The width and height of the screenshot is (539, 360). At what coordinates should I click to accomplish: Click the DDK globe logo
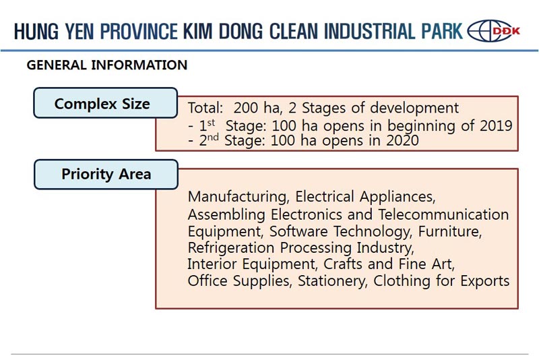click(494, 31)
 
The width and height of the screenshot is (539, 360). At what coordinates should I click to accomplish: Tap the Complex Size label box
click(106, 102)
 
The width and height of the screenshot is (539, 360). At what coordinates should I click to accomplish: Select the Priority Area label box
click(106, 175)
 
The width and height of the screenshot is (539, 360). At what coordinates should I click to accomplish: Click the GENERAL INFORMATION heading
click(107, 65)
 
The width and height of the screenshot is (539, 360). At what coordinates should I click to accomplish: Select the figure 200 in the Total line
click(246, 108)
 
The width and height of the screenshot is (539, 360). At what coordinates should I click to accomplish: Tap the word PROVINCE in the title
click(139, 31)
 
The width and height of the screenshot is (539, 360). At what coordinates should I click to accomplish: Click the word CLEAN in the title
click(294, 31)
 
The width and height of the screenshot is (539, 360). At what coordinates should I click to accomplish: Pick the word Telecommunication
click(443, 214)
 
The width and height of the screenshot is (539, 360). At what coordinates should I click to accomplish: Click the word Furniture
click(450, 231)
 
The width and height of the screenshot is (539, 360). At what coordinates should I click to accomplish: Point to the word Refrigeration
click(231, 248)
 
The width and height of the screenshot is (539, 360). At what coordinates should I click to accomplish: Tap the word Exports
click(485, 281)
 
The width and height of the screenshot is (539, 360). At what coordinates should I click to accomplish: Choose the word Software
click(298, 231)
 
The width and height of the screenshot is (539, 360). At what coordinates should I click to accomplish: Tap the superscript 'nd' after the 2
click(213, 138)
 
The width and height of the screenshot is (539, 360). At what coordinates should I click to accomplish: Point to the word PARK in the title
click(442, 31)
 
